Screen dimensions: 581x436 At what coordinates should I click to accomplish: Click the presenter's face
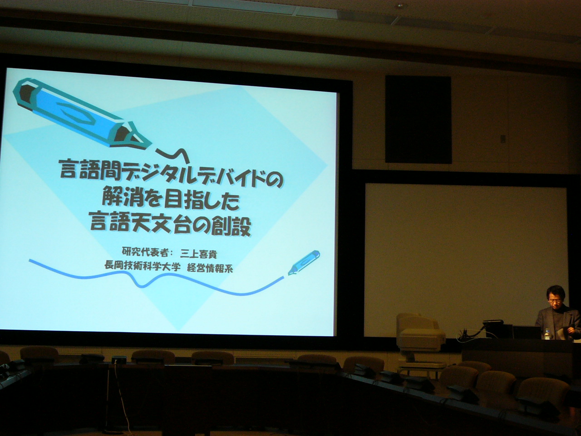[555, 301]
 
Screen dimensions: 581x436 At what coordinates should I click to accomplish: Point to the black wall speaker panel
[418, 119]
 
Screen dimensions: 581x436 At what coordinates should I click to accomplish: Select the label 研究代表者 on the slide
[144, 252]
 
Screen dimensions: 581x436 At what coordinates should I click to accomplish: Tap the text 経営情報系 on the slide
[210, 268]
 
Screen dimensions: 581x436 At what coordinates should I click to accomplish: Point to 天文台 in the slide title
[169, 224]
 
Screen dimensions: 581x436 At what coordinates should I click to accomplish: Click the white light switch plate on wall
[502, 138]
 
